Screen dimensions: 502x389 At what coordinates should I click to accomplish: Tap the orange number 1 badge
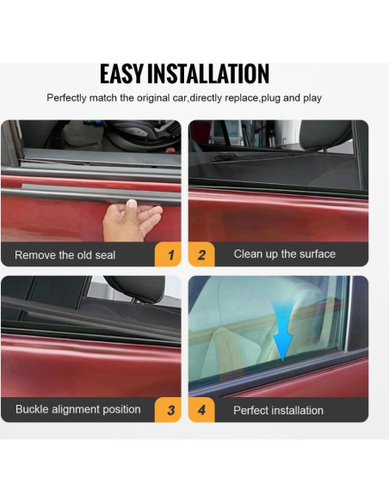170,255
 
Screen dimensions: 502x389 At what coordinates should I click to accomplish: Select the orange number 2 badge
202,255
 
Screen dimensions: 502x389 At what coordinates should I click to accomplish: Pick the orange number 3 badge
170,410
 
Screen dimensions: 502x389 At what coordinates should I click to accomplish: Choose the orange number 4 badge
202,410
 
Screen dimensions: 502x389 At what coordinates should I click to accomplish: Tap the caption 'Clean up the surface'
284,254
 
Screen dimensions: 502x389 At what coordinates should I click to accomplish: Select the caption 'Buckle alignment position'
77,409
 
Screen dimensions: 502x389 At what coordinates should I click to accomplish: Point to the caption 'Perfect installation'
278,410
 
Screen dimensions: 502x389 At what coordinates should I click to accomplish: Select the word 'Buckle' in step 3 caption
33,409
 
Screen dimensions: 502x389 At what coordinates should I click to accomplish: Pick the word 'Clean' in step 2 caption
248,254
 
